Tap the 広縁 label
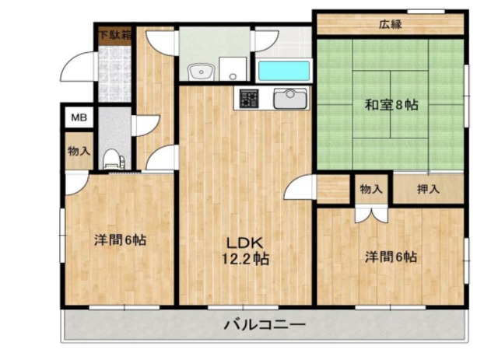(x=391, y=23)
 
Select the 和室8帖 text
(x=392, y=105)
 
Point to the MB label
(x=79, y=118)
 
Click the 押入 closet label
(x=429, y=189)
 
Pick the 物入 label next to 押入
(x=371, y=189)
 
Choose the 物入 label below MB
(x=79, y=152)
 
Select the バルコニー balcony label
(x=265, y=324)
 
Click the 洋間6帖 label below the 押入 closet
(x=391, y=257)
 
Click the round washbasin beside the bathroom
(x=201, y=72)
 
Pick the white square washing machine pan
(x=231, y=69)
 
